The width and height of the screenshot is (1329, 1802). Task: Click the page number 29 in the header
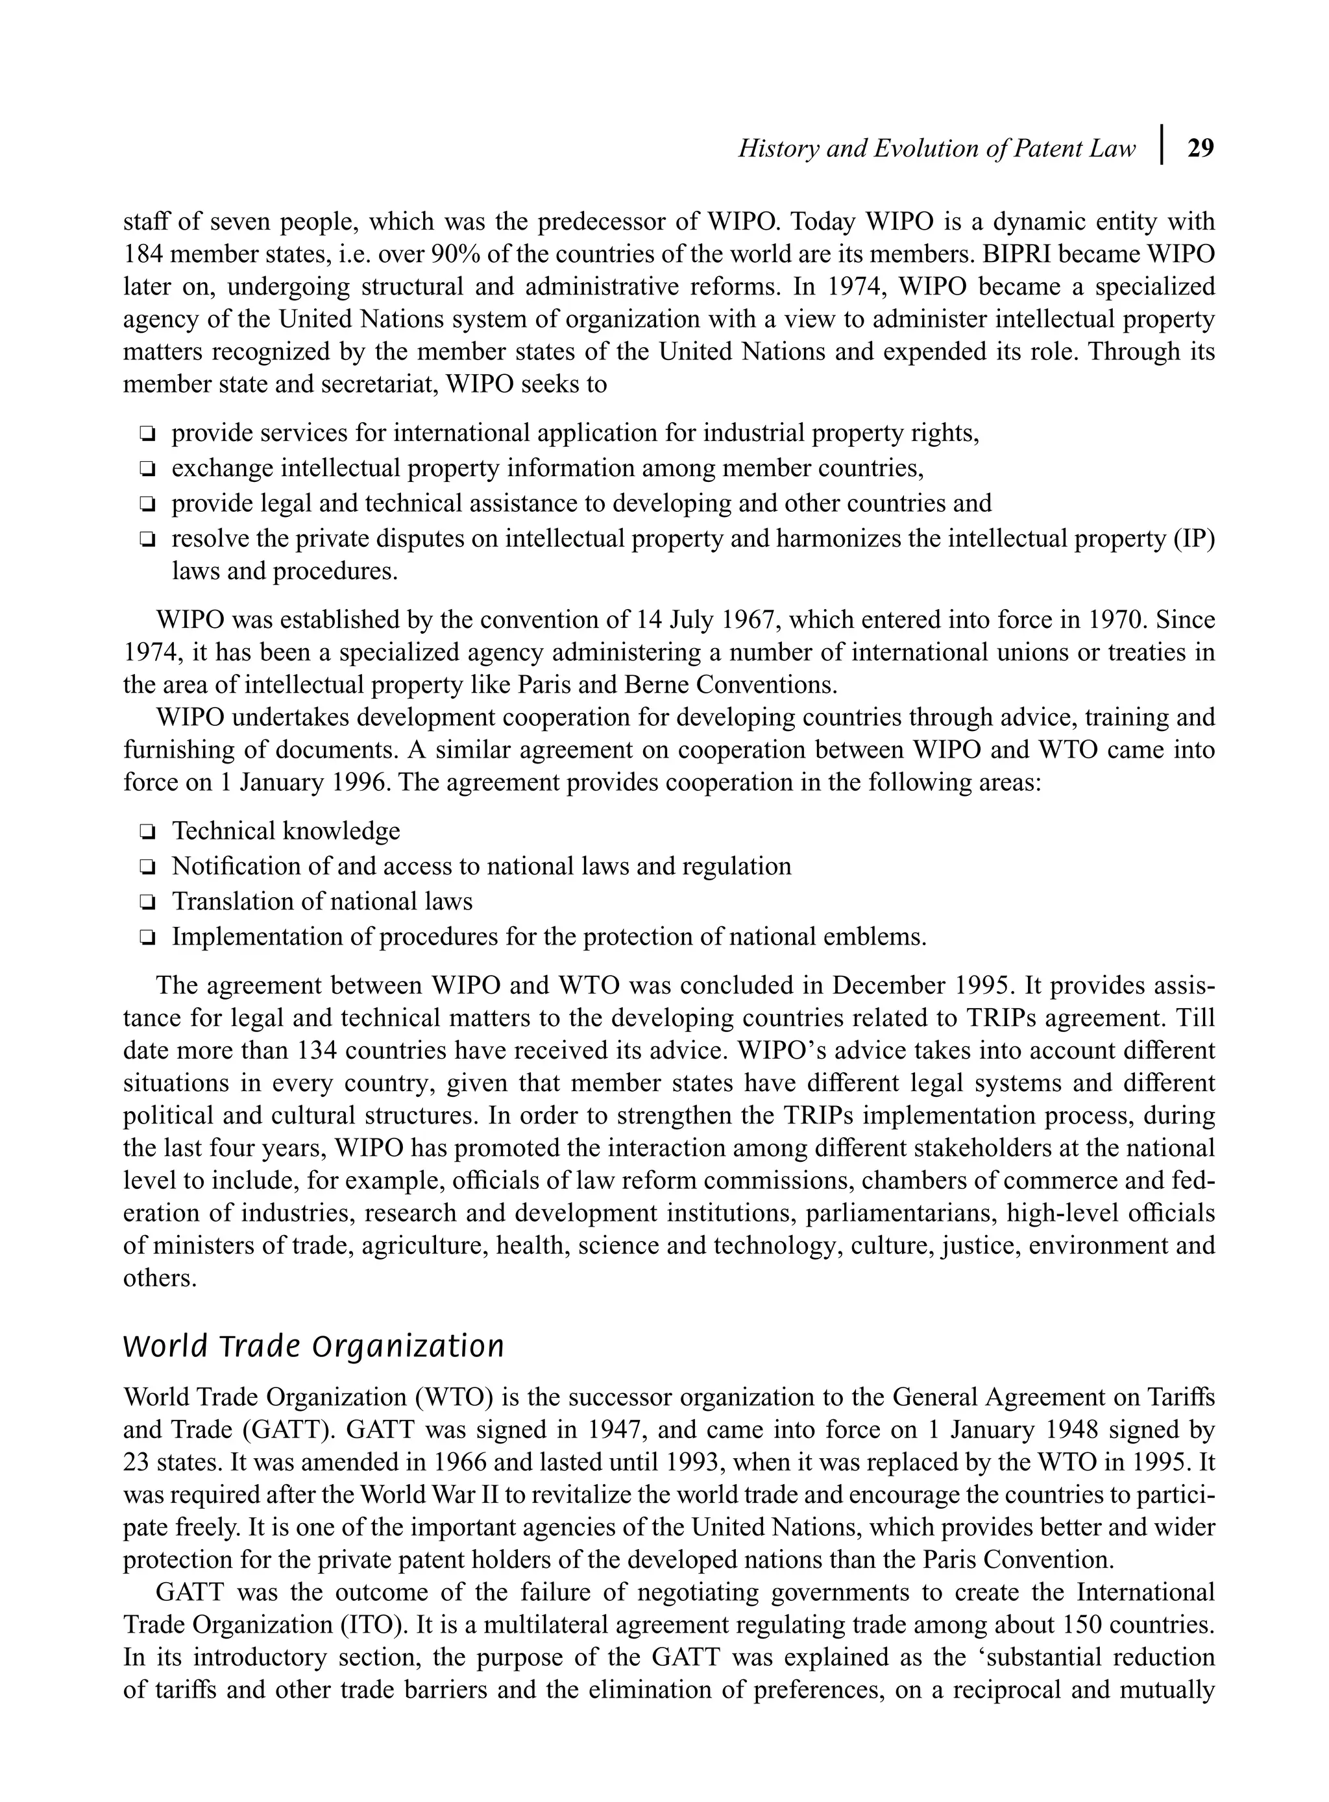tap(1201, 149)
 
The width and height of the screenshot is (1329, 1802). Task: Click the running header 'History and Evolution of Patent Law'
tap(936, 149)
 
